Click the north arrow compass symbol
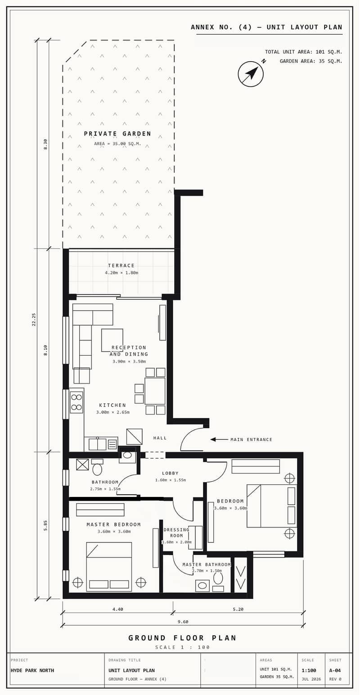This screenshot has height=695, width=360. tap(251, 74)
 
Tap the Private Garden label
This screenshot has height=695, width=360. tap(117, 134)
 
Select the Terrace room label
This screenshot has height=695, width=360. tap(121, 266)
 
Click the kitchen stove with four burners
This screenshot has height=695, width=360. tap(76, 402)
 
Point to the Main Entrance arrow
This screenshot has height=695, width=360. tap(220, 439)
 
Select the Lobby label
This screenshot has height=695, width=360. tap(170, 473)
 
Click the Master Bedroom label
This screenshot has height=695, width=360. tap(113, 524)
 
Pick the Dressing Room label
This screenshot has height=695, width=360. tap(176, 533)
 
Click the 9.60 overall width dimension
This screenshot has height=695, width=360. tap(183, 622)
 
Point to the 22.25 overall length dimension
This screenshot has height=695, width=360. tap(34, 319)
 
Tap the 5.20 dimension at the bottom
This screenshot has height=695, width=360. tap(238, 609)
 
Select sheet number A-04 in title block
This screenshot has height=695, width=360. tap(335, 670)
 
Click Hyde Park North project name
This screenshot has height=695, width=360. tap(32, 670)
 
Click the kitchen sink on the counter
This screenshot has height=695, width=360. tap(97, 444)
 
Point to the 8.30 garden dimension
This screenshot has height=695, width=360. tap(45, 144)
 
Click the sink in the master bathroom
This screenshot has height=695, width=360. tap(202, 586)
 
